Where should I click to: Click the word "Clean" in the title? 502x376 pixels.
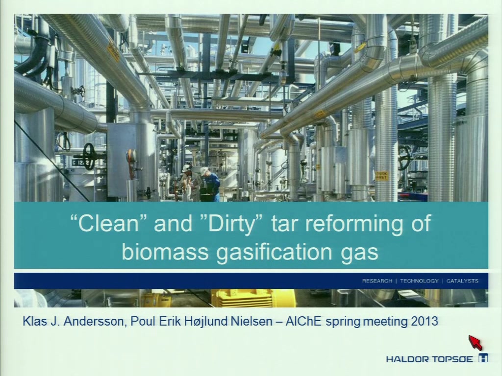(x=108, y=223)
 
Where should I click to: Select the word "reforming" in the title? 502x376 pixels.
(x=353, y=223)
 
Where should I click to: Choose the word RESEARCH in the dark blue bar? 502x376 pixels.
(x=377, y=281)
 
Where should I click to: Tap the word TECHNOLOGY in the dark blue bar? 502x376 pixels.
(x=419, y=281)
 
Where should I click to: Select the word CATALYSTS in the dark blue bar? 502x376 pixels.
(x=462, y=281)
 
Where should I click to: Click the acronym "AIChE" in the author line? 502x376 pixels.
(x=303, y=321)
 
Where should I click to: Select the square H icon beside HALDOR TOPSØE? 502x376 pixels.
(x=483, y=358)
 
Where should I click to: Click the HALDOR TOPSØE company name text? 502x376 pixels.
(x=429, y=359)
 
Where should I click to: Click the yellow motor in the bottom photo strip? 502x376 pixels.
(x=253, y=298)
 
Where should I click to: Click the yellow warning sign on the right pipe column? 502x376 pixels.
(x=381, y=175)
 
